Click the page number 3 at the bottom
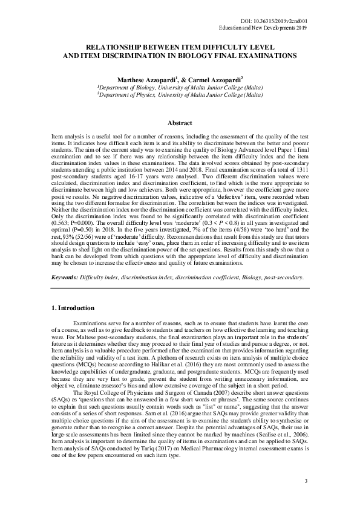(x=306, y=481)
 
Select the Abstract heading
(x=179, y=123)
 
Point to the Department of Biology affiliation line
(x=180, y=87)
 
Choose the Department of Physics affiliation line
(x=180, y=94)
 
